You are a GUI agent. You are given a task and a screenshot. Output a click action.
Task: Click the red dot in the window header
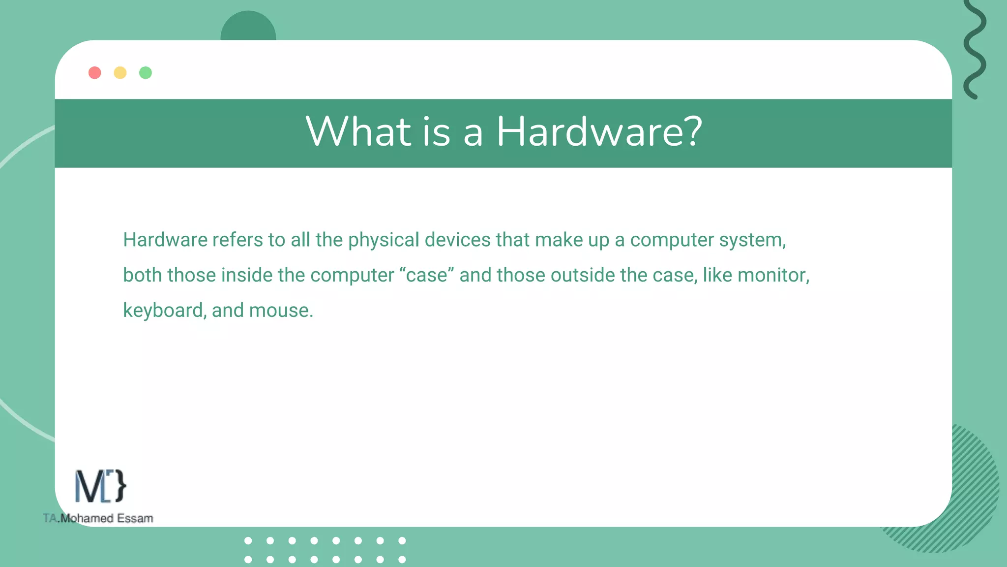(95, 73)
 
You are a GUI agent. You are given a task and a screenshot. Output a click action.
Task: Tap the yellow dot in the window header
(120, 73)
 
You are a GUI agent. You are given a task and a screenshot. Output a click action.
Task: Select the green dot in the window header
(146, 73)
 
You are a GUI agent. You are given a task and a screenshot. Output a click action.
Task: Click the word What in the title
(358, 132)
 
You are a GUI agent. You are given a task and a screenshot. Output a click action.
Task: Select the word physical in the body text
(384, 240)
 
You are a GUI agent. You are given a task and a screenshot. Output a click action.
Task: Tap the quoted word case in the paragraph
(427, 275)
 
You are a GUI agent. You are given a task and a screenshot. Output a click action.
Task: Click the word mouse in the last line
(280, 311)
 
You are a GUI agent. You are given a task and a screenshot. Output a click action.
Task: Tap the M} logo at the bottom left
(100, 486)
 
